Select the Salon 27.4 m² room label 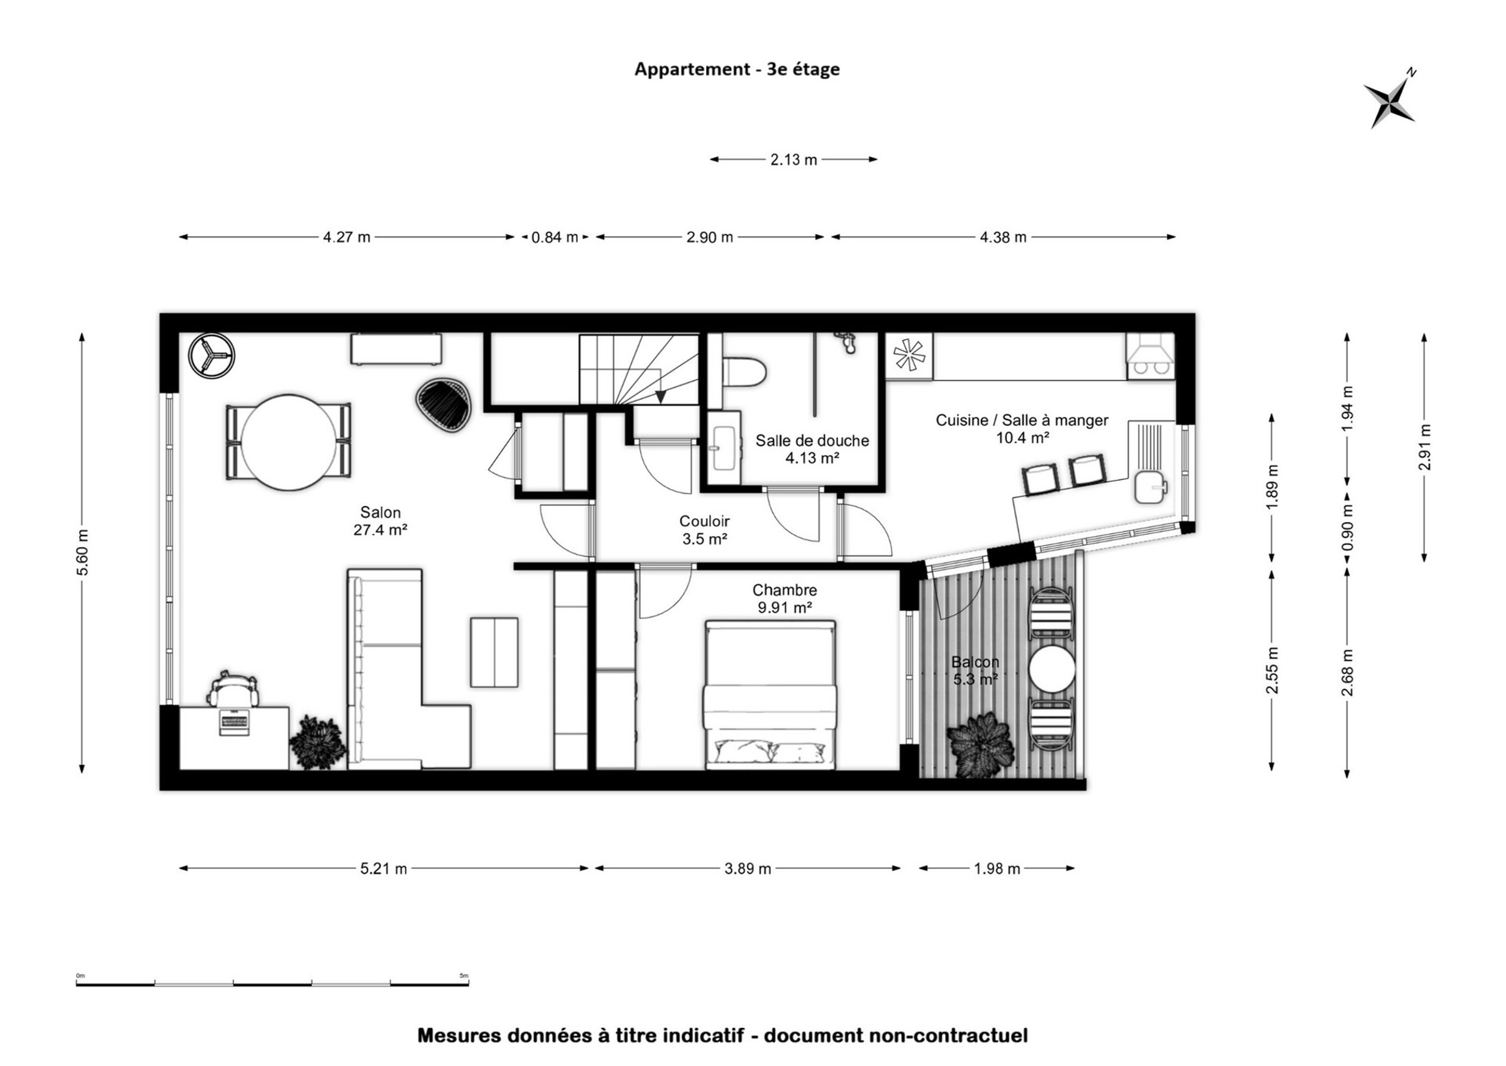click(380, 521)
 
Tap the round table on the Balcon click(1052, 669)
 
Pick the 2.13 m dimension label click(793, 160)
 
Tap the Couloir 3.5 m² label click(704, 530)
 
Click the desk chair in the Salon click(234, 690)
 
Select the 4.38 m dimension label click(1003, 237)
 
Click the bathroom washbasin click(724, 448)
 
